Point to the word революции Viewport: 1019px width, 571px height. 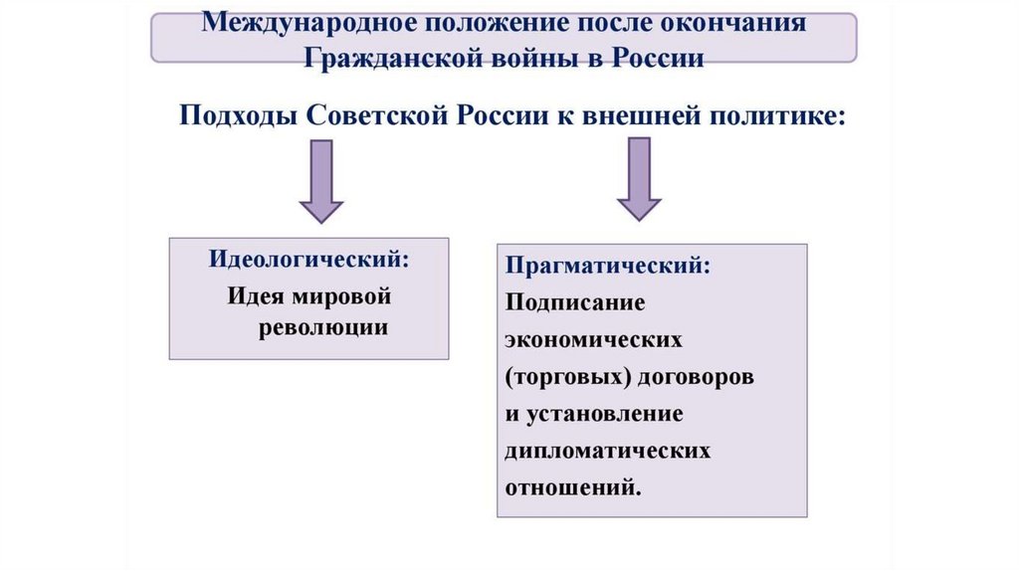click(x=323, y=328)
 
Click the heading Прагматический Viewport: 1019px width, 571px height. click(x=608, y=266)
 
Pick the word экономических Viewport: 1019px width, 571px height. click(x=593, y=339)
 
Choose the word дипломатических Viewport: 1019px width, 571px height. click(x=608, y=451)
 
